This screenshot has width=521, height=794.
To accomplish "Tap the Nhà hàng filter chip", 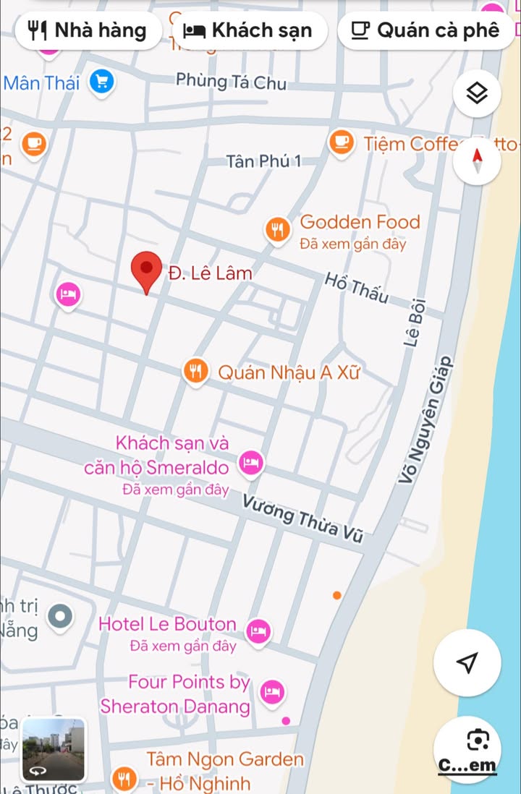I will pyautogui.click(x=88, y=30).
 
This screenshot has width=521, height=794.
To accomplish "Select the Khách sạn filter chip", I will pyautogui.click(x=248, y=30).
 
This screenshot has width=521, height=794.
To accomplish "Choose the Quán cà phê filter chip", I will pyautogui.click(x=426, y=30).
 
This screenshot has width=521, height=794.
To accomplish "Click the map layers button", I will pyautogui.click(x=477, y=93).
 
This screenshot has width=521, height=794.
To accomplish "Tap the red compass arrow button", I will pyautogui.click(x=477, y=158).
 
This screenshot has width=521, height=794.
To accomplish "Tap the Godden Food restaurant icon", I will pyautogui.click(x=277, y=231).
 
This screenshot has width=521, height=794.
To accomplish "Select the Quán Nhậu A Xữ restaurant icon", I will pyautogui.click(x=195, y=372).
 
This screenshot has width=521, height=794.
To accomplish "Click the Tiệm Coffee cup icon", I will pyautogui.click(x=342, y=142).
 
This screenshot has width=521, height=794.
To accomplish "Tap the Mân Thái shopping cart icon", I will pyautogui.click(x=102, y=82).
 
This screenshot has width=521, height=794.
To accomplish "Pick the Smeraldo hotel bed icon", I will pyautogui.click(x=250, y=461).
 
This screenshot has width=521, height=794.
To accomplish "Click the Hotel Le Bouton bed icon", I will pyautogui.click(x=258, y=631).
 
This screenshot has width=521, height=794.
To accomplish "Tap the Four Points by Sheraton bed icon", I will pyautogui.click(x=271, y=692).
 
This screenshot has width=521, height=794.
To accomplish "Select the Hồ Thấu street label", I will pyautogui.click(x=356, y=288).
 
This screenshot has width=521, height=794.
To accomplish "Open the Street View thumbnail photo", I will pyautogui.click(x=54, y=749).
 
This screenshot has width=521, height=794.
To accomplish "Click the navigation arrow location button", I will pyautogui.click(x=468, y=662).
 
